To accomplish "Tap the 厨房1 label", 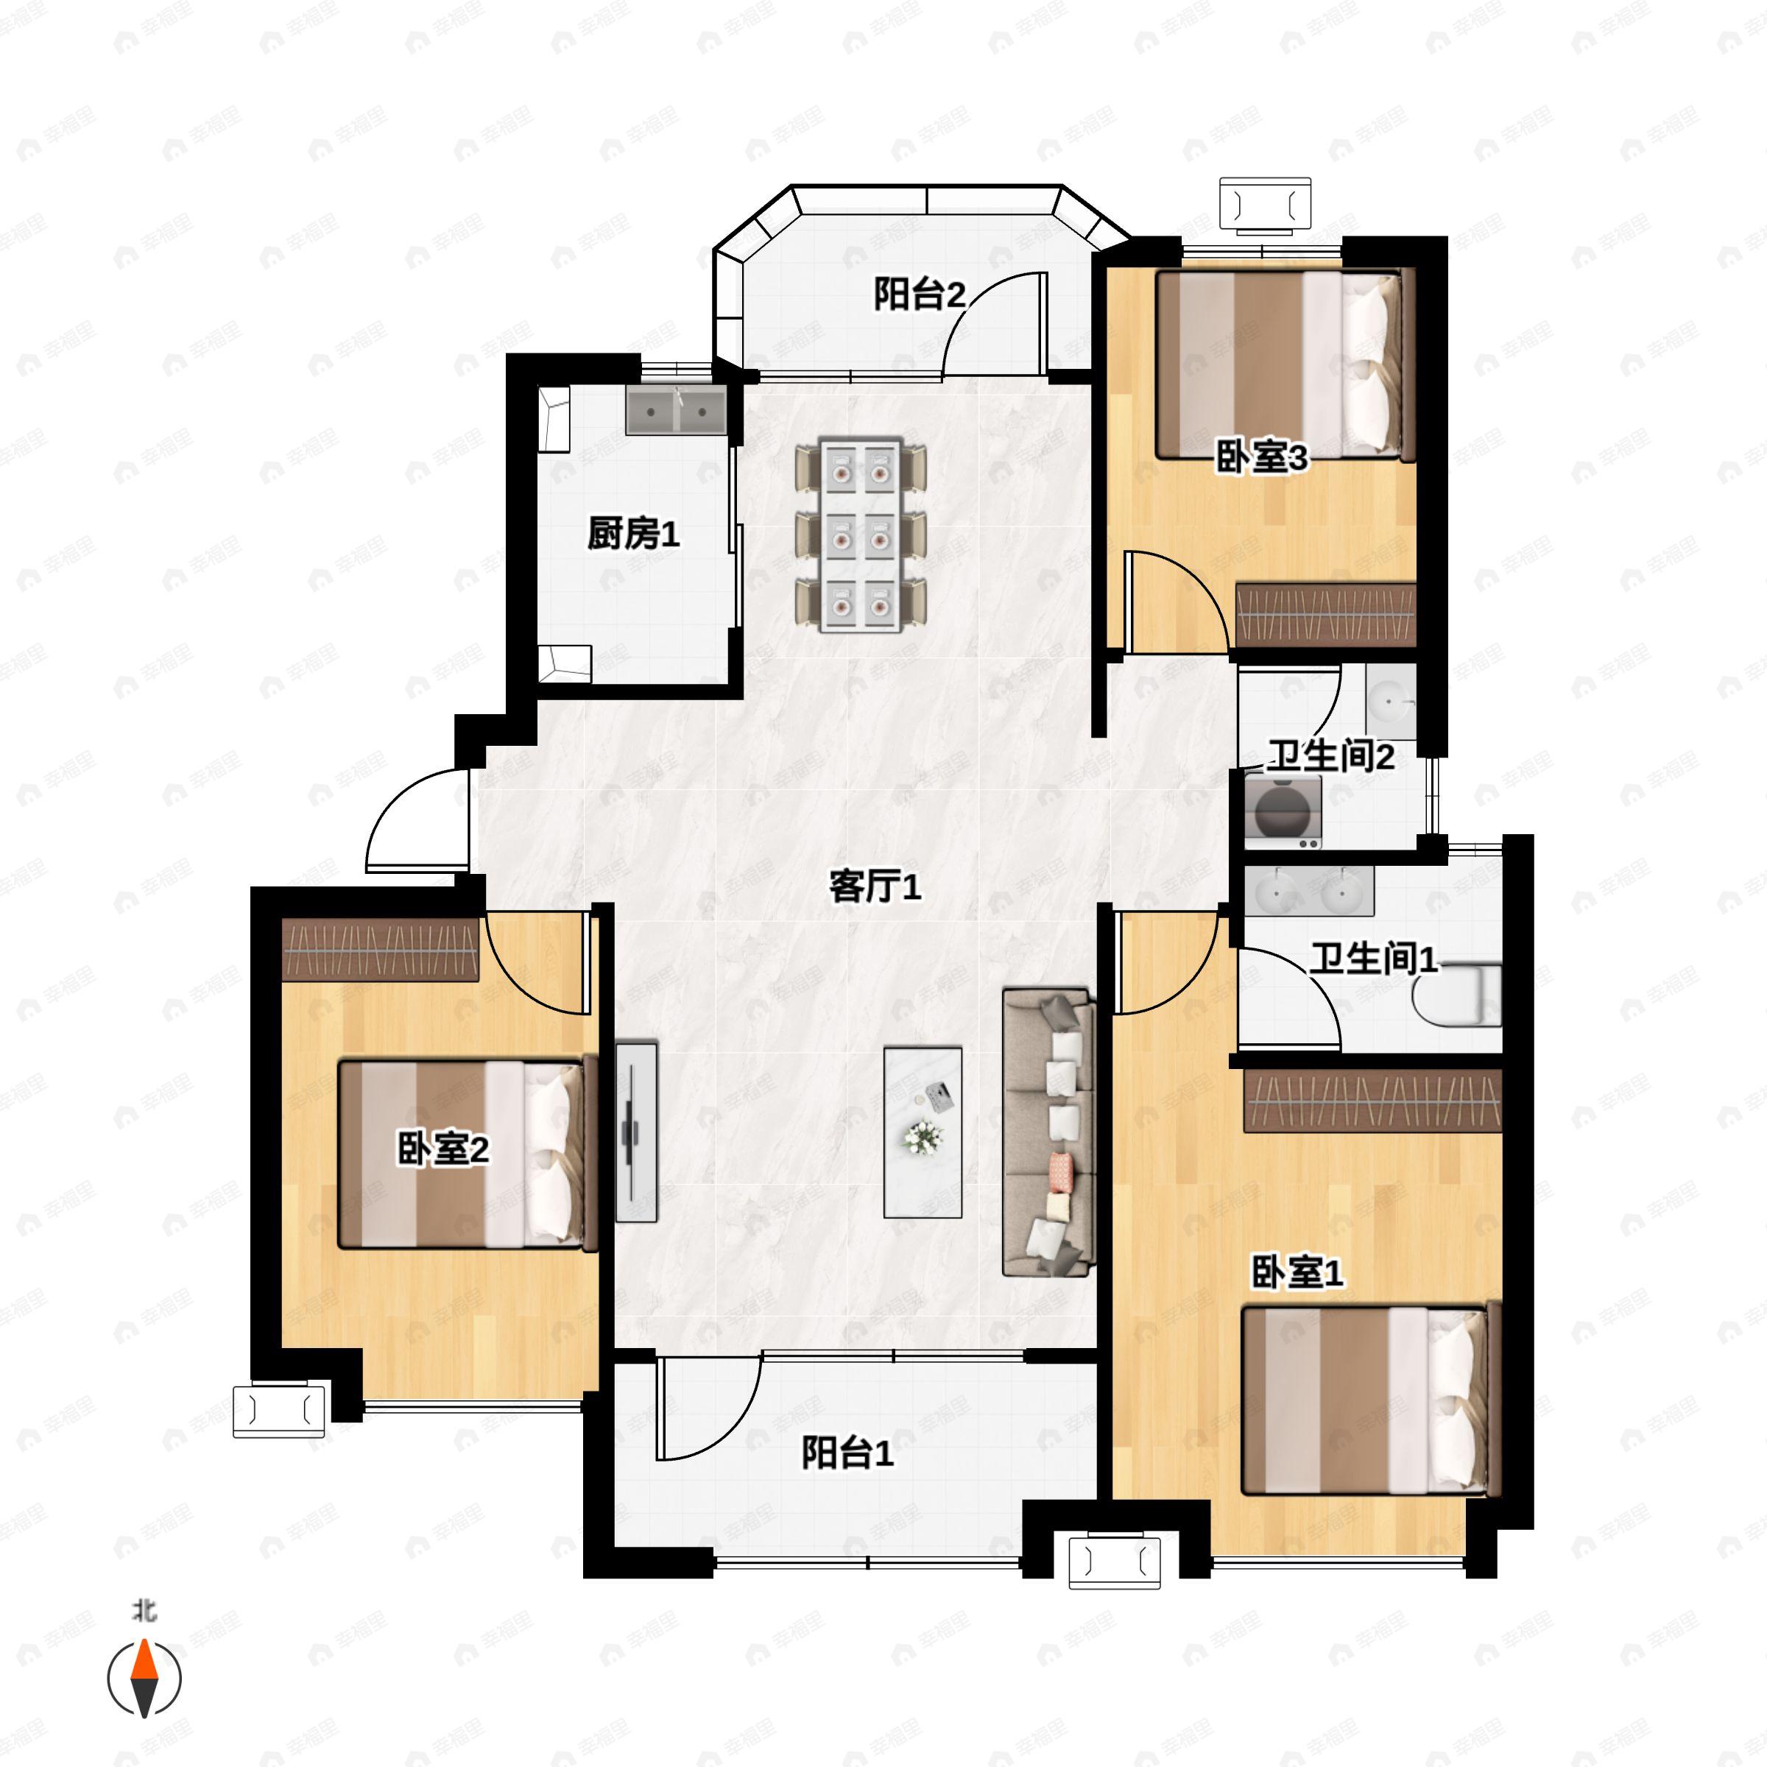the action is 633,533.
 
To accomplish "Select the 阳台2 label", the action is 919,294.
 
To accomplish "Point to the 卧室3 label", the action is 1261,456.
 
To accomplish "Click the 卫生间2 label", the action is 1330,755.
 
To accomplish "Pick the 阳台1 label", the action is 847,1453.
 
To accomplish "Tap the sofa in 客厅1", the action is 1048,1132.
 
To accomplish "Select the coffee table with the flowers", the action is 923,1132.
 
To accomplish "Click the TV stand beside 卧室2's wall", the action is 635,1132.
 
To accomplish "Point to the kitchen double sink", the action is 676,411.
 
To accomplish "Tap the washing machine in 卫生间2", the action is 1283,808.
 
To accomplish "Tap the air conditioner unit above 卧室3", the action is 1265,204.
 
